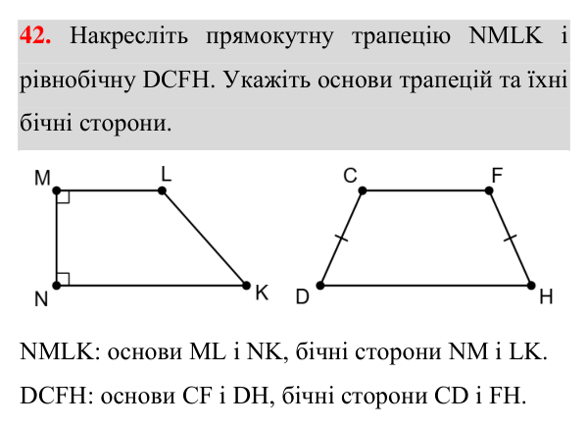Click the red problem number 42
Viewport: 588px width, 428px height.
click(35, 35)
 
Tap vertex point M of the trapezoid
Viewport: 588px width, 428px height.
click(57, 190)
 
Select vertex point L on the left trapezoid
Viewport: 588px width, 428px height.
click(162, 190)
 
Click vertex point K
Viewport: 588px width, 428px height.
click(246, 286)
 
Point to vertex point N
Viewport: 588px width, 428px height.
click(57, 286)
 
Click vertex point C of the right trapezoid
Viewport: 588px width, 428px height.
click(363, 190)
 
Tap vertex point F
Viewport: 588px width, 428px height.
click(489, 190)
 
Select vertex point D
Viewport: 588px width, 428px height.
click(320, 286)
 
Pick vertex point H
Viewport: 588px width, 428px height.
click(531, 286)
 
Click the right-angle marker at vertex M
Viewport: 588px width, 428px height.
click(64, 197)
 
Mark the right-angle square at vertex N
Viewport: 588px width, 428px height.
click(64, 279)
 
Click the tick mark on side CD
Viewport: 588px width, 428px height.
click(341, 238)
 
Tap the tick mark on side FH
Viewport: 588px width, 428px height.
click(510, 238)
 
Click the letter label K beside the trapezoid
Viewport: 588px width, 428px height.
click(262, 293)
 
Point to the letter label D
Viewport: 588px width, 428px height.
click(302, 296)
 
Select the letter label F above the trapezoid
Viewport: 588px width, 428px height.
click(497, 175)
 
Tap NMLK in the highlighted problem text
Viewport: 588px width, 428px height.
click(506, 35)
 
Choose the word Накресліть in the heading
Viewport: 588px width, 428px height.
click(129, 35)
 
